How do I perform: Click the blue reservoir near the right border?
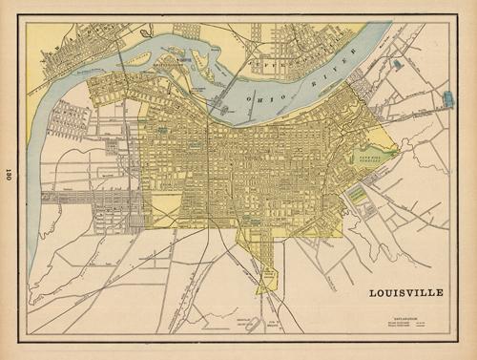click(448, 98)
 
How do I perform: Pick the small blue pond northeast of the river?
click(396, 64)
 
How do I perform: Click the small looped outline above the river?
click(146, 32)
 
